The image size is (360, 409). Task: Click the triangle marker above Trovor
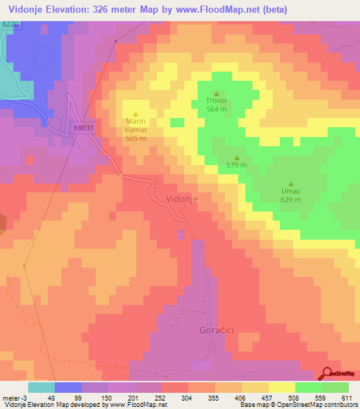pyautogui.click(x=217, y=93)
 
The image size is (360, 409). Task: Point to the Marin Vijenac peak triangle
pyautogui.click(x=136, y=114)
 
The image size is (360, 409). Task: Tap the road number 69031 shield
pyautogui.click(x=83, y=129)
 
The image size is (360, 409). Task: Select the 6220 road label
pyautogui.click(x=11, y=24)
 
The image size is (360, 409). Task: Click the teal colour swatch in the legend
pyautogui.click(x=41, y=387)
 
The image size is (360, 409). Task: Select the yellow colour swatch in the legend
pyautogui.click(x=282, y=387)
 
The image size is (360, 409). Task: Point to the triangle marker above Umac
pyautogui.click(x=291, y=183)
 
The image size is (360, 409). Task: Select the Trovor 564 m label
pyautogui.click(x=217, y=105)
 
